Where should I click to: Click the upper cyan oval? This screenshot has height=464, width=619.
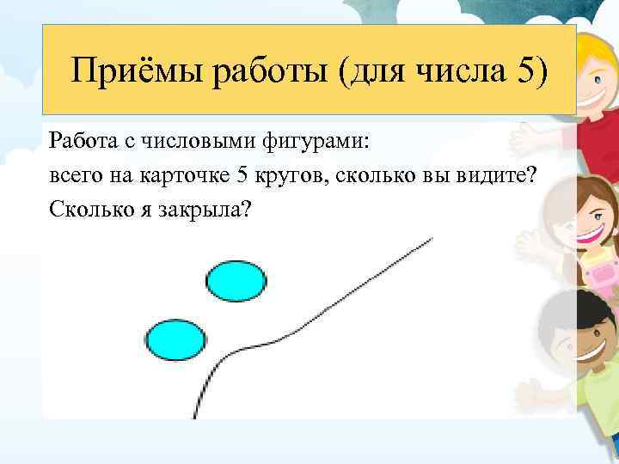(x=236, y=282)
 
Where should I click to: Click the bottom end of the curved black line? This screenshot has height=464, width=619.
(x=195, y=416)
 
